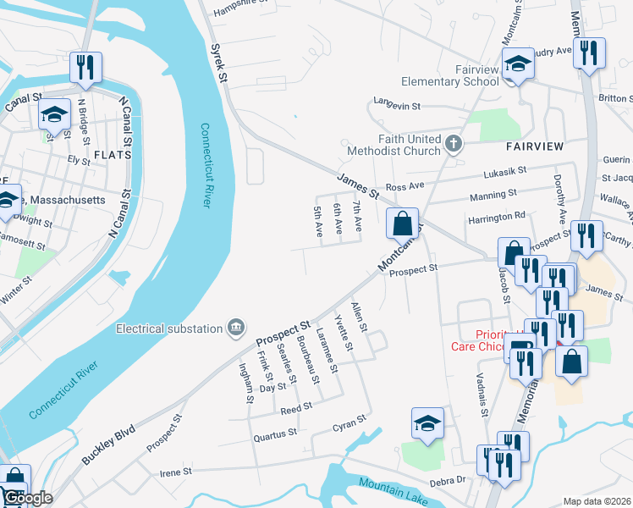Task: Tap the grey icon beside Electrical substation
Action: (x=236, y=328)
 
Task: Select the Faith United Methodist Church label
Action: (x=410, y=145)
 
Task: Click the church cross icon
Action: (x=454, y=143)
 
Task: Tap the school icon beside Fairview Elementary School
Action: (x=515, y=64)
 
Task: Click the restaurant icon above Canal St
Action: (x=85, y=67)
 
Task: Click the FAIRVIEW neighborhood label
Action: (x=535, y=146)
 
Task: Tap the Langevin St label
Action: (x=397, y=108)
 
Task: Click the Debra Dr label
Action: (x=449, y=480)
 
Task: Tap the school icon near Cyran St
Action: (x=428, y=424)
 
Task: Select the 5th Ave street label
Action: (x=318, y=221)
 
